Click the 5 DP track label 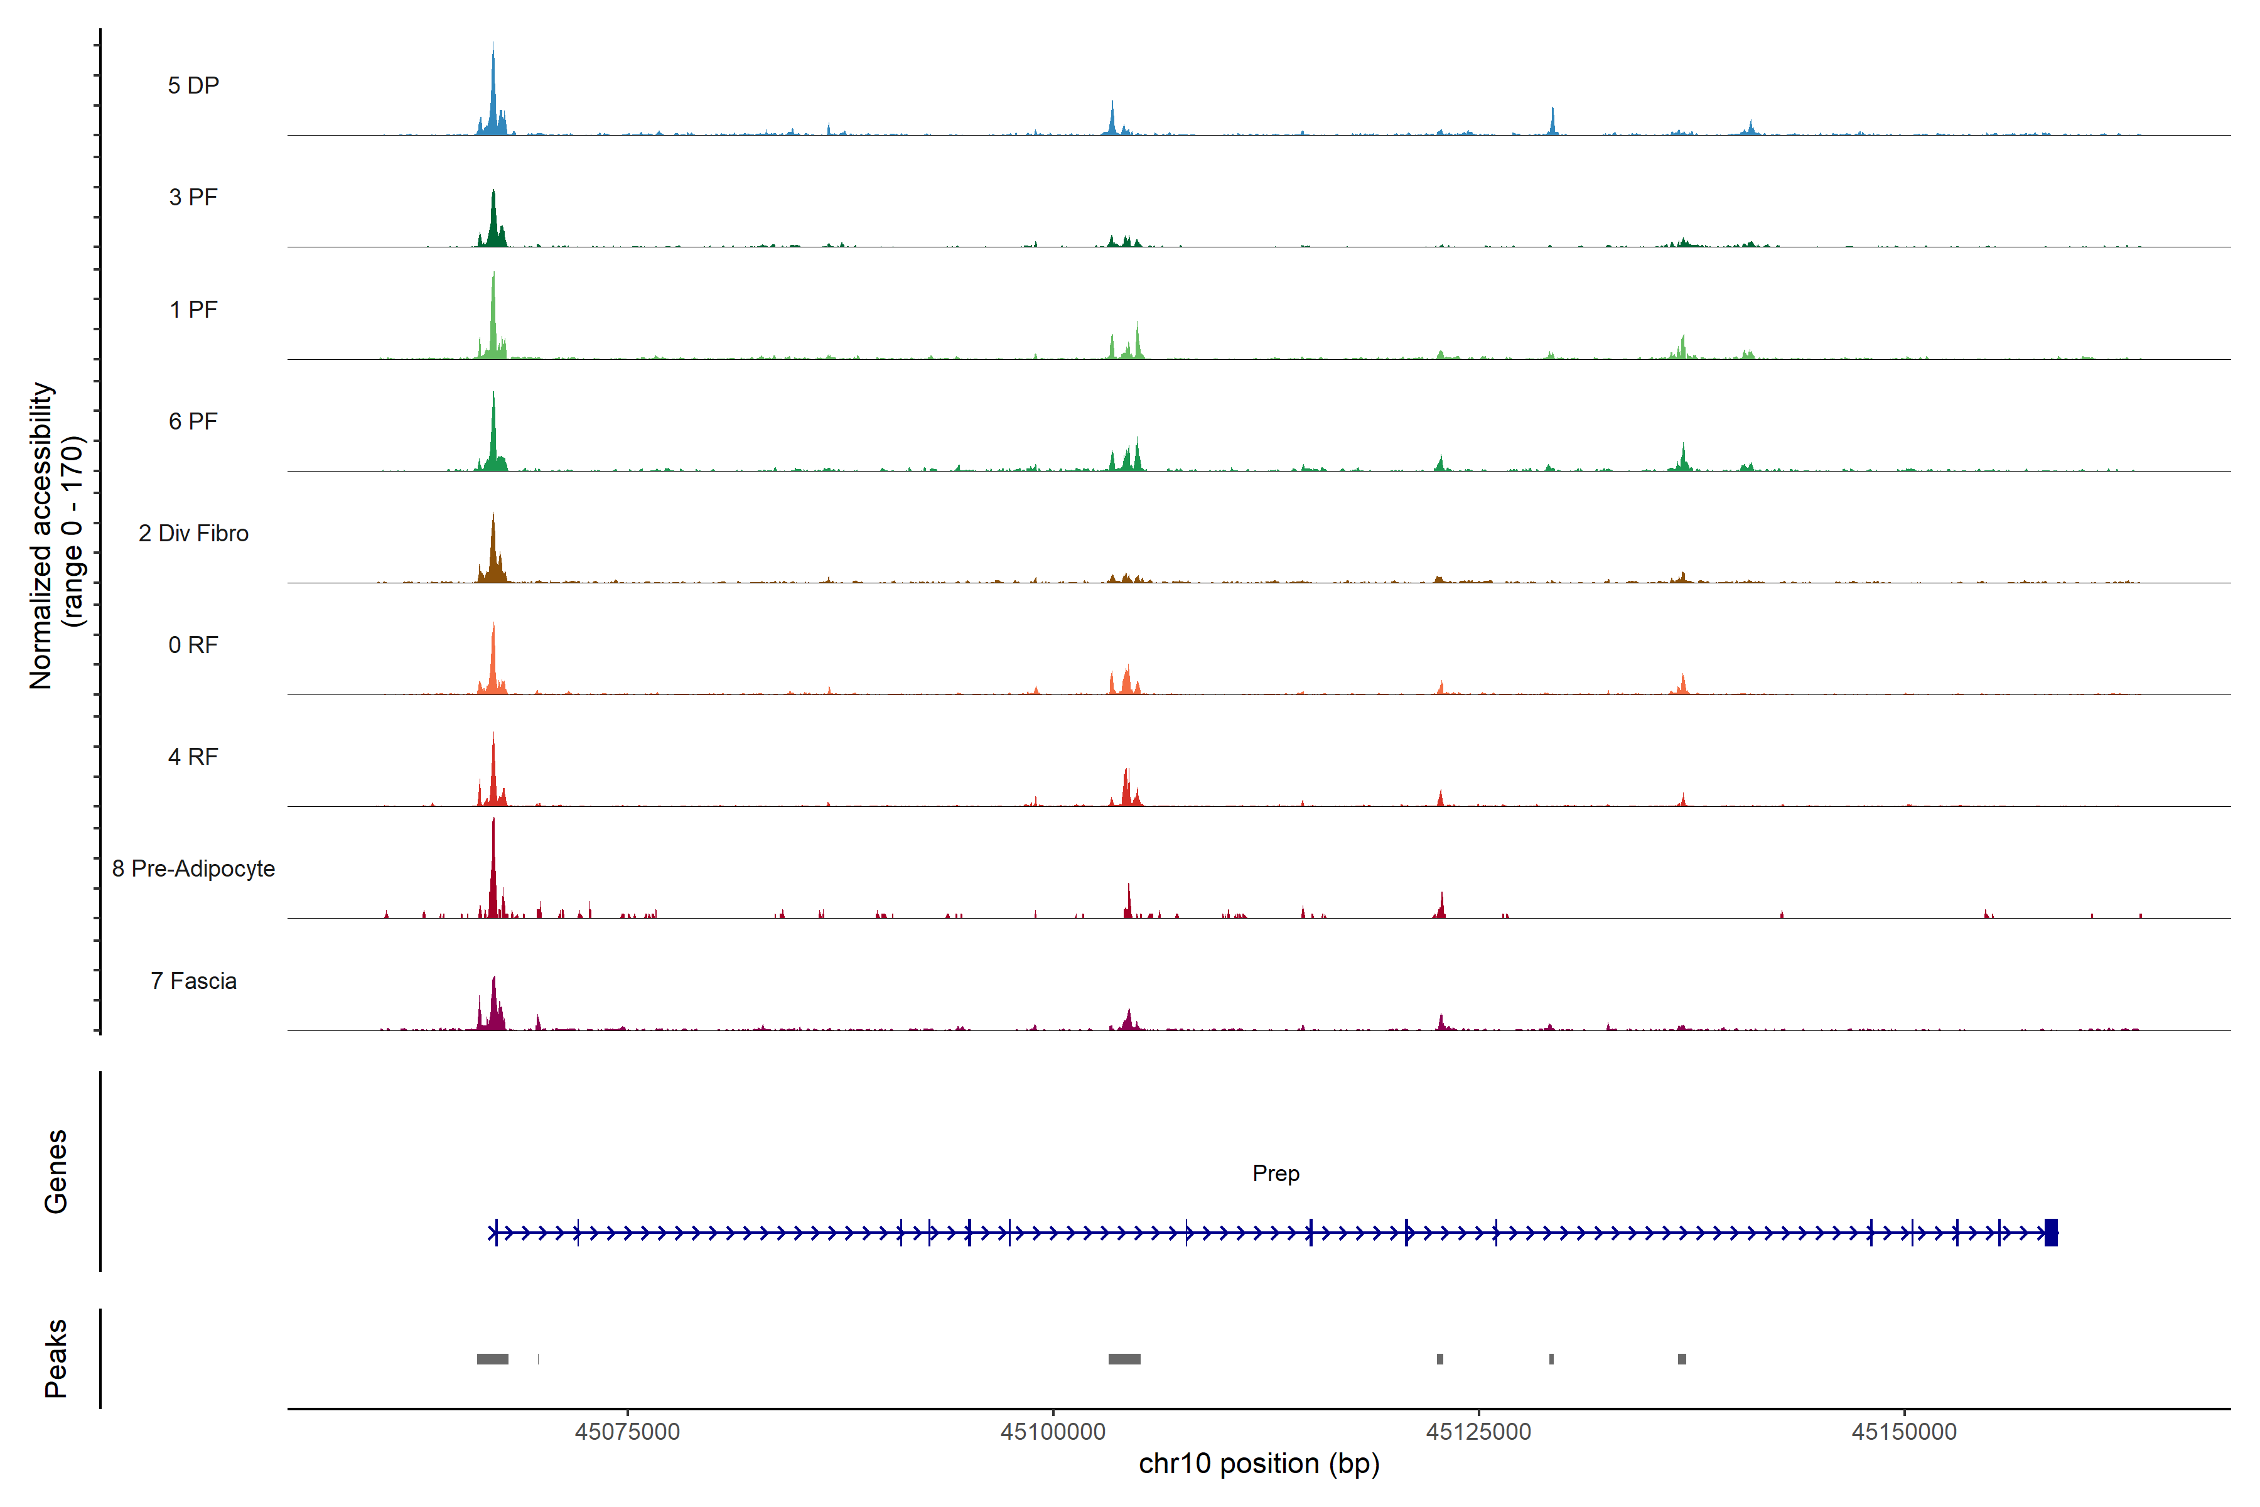click(193, 85)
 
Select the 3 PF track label click(193, 197)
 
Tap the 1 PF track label click(193, 310)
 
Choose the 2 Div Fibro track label click(193, 533)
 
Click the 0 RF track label click(193, 645)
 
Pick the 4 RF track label click(193, 757)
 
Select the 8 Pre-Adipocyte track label click(193, 869)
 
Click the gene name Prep click(1275, 1174)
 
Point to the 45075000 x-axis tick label click(627, 1432)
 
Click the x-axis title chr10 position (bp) click(1259, 1464)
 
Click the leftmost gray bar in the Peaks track click(492, 1359)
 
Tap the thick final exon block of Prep click(2050, 1232)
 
